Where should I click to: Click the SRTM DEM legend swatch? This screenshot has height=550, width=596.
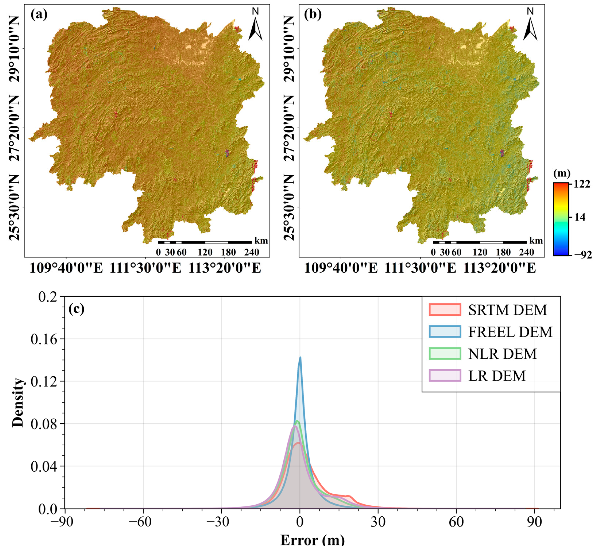pos(445,310)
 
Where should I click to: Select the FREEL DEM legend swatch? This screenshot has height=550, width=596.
pos(445,331)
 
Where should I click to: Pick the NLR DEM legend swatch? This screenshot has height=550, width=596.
pos(445,354)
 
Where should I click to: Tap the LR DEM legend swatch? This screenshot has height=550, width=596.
pos(445,376)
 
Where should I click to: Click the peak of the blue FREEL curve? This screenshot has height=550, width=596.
pos(300,357)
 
